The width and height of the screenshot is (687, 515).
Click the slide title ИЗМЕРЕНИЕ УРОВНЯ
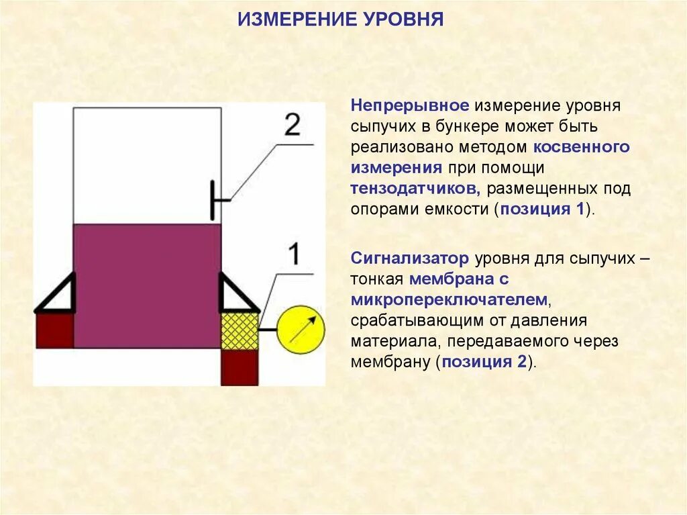(341, 18)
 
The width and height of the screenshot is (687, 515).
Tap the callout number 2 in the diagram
(292, 125)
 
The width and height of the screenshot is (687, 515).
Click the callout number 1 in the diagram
(294, 254)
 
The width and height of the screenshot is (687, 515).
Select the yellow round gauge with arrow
(301, 329)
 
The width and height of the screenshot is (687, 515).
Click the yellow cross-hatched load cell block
(240, 330)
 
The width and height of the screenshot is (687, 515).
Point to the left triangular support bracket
(57, 295)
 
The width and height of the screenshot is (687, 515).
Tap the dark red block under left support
(54, 330)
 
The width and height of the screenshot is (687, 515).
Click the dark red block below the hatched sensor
(240, 367)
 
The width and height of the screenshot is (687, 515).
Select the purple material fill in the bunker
(147, 285)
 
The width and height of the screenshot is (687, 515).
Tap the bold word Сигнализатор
(410, 259)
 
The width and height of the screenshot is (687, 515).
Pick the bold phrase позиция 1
(543, 208)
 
